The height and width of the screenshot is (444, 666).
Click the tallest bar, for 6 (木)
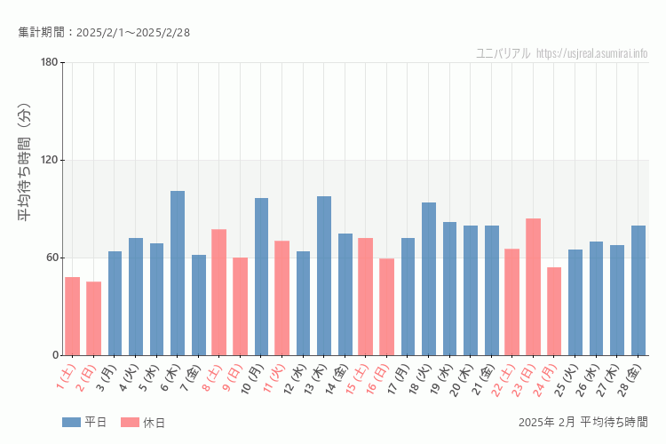[178, 273]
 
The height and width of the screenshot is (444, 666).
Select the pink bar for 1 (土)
[73, 316]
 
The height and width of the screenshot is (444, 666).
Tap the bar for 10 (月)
[261, 276]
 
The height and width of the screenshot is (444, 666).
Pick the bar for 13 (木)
[324, 275]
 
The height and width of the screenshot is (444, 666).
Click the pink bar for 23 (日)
[533, 287]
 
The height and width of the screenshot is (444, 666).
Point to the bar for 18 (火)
[429, 279]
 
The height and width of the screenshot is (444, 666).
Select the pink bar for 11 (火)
[282, 297]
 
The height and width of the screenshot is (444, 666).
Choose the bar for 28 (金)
[638, 290]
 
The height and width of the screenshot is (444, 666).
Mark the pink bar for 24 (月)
[554, 311]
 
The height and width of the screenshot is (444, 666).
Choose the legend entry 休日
[143, 423]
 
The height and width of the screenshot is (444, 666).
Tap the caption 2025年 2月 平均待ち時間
[583, 422]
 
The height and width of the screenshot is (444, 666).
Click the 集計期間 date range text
[104, 33]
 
